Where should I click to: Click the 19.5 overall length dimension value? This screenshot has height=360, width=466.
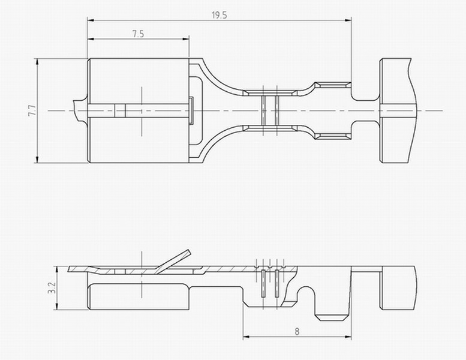pyautogui.click(x=220, y=15)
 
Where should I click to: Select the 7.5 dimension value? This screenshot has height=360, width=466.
pyautogui.click(x=138, y=34)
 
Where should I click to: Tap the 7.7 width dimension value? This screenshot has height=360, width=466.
pyautogui.click(x=32, y=110)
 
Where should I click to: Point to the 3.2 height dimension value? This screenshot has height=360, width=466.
pyautogui.click(x=52, y=288)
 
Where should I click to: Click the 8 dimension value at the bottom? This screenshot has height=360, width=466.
pyautogui.click(x=297, y=331)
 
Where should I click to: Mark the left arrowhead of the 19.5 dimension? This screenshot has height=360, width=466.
pyautogui.click(x=91, y=20)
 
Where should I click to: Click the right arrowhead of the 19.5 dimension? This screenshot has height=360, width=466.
pyautogui.click(x=348, y=20)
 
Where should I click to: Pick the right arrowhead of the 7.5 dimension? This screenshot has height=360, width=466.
pyautogui.click(x=185, y=38)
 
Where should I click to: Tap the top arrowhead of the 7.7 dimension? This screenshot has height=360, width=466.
pyautogui.click(x=37, y=62)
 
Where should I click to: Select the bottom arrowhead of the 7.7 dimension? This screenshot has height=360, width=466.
pyautogui.click(x=37, y=160)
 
